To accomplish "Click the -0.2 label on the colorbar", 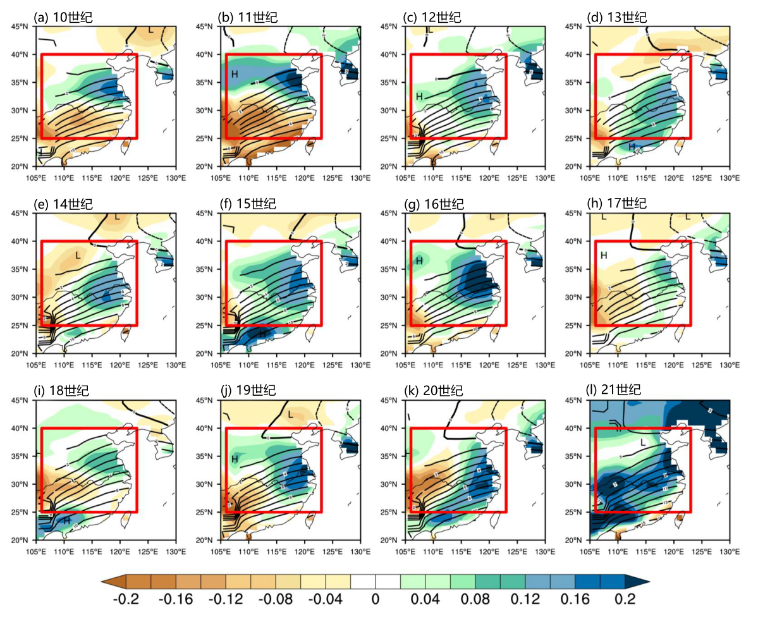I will (x=127, y=598).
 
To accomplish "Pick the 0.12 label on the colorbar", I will (x=525, y=598).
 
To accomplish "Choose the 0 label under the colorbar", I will (x=376, y=598).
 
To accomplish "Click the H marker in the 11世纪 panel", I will (x=235, y=74).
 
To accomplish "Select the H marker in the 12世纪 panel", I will (x=419, y=96).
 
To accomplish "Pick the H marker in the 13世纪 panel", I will (x=632, y=147).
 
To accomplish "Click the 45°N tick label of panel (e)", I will (x=19, y=213).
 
